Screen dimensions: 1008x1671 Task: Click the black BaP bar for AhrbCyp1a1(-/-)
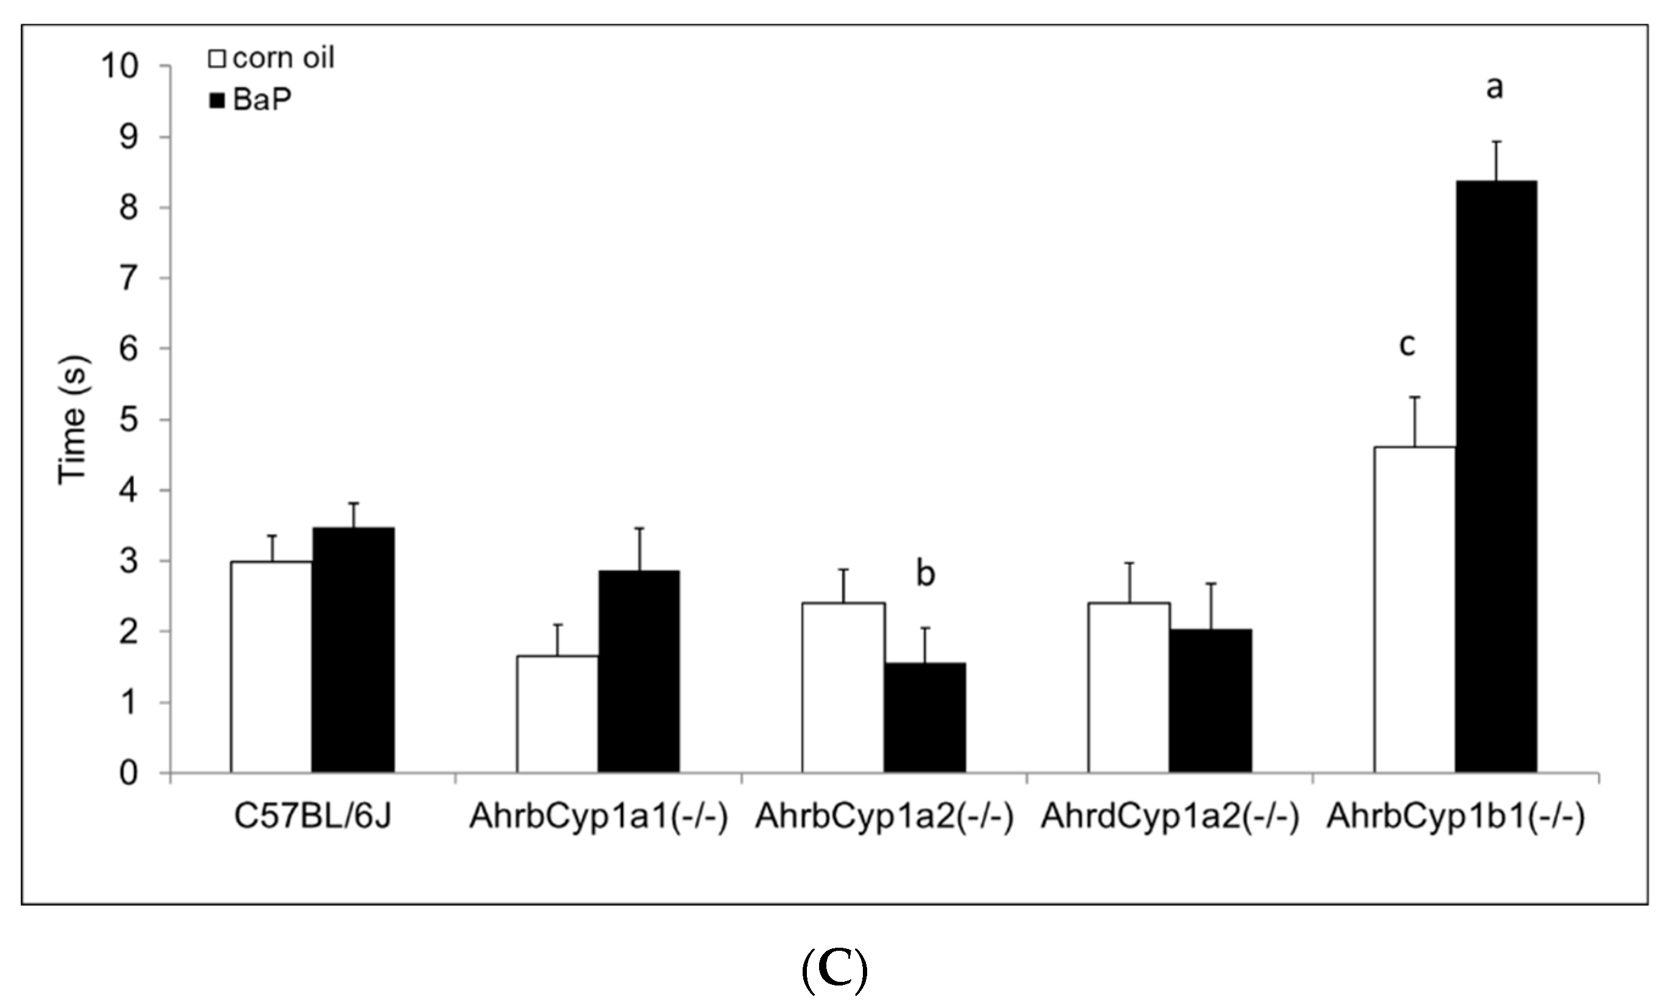click(639, 671)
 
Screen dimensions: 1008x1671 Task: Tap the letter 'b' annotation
click(925, 574)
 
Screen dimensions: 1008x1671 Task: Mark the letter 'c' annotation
click(1407, 345)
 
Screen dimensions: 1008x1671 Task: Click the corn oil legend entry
click(271, 58)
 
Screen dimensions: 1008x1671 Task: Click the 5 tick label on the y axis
click(128, 421)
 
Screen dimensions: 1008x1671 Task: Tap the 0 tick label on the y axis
click(128, 773)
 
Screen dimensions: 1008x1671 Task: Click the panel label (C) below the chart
click(834, 971)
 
